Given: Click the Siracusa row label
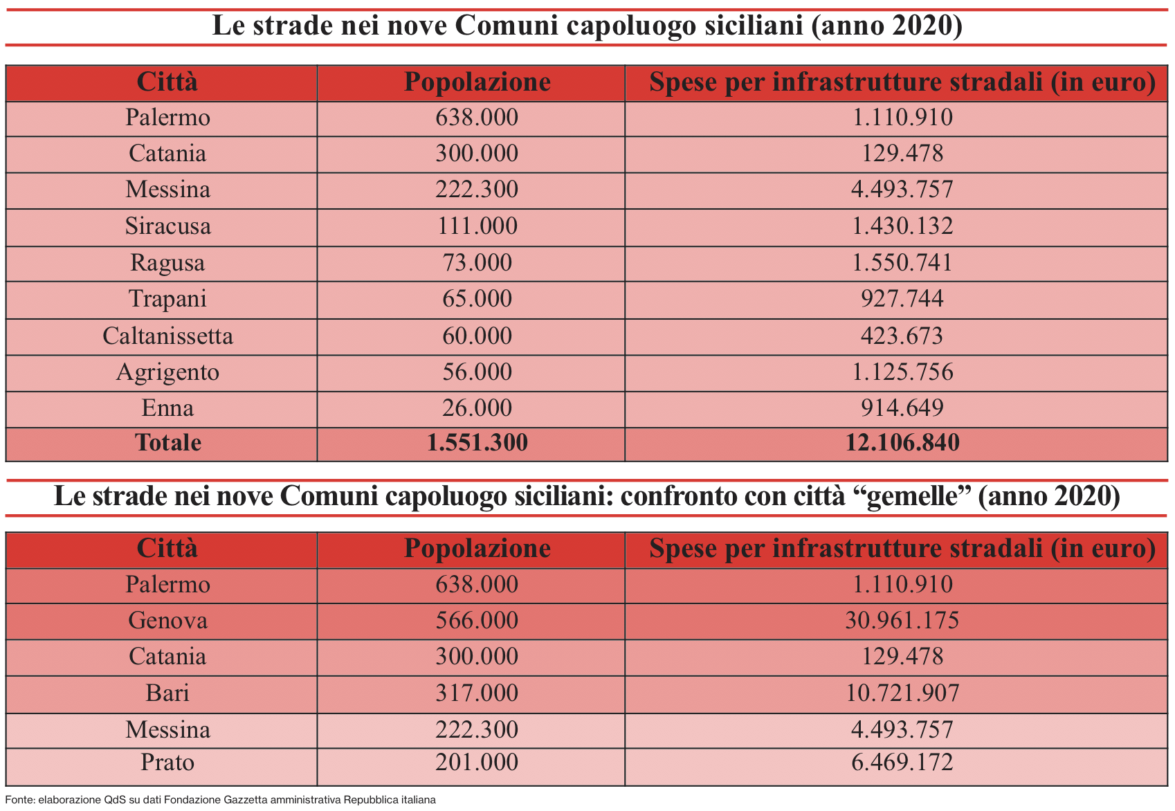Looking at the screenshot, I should [x=167, y=226].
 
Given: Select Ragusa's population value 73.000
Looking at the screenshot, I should [x=477, y=263].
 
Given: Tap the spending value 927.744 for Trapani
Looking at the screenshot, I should [x=902, y=299].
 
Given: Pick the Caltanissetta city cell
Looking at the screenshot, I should [x=167, y=336].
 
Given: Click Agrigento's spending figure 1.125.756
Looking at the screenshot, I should [x=902, y=372].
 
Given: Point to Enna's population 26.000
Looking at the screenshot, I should [x=477, y=408].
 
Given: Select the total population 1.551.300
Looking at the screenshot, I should [x=477, y=443].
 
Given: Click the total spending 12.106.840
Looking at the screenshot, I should [x=902, y=443].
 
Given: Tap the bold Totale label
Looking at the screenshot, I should [x=167, y=443].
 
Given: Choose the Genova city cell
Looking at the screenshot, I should [x=167, y=621].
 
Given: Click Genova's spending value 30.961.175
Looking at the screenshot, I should [x=902, y=621].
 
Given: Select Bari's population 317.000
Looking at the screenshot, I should [x=477, y=693].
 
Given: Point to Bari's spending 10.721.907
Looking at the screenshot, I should [x=902, y=693].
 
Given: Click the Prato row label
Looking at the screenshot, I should [x=167, y=763].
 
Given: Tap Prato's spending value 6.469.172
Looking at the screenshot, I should [x=902, y=763].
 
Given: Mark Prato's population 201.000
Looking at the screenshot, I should [x=477, y=763].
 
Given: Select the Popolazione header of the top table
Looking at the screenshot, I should [x=477, y=82].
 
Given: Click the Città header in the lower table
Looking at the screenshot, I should [x=167, y=549].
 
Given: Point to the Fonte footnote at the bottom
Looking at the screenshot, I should [x=220, y=800].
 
